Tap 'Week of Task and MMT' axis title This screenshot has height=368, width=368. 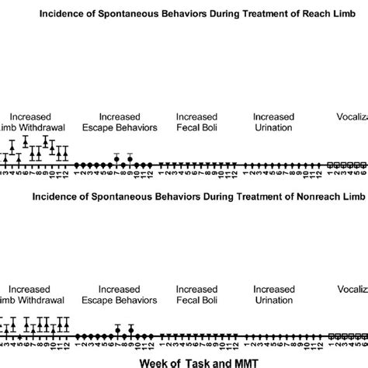tap(184, 361)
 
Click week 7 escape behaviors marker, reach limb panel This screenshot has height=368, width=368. tap(116, 160)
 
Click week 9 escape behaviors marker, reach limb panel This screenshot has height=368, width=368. tap(130, 160)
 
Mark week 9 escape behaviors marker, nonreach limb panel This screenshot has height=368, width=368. tap(130, 332)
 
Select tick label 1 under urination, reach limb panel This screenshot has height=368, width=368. tap(244, 172)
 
